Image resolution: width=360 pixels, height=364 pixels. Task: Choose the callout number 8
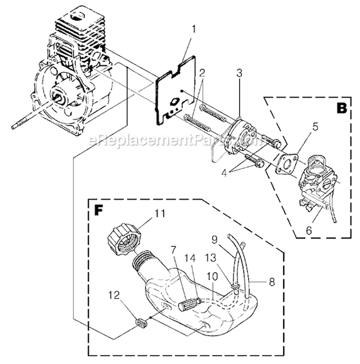point(272,283)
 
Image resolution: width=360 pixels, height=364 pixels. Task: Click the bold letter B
point(341,108)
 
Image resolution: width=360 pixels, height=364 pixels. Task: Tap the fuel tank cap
point(124,238)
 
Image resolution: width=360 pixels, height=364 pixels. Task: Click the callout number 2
point(203,73)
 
